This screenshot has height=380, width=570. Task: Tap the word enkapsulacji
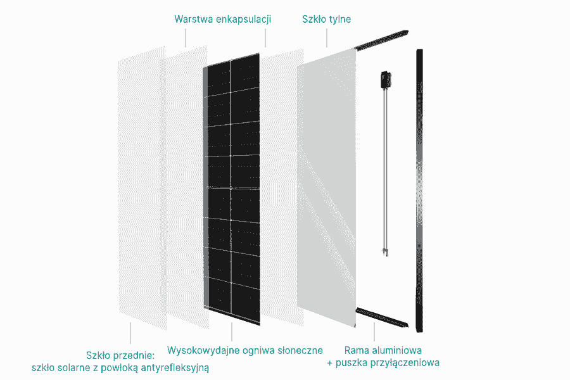pyautogui.click(x=244, y=19)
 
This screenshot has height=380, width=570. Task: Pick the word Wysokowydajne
pyautogui.click(x=201, y=350)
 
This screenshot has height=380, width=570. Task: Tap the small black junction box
pyautogui.click(x=384, y=80)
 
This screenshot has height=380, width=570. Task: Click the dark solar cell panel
pyautogui.click(x=231, y=190)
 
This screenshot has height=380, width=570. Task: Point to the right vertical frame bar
pyautogui.click(x=419, y=190)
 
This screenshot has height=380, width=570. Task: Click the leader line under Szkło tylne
pyautogui.click(x=327, y=37)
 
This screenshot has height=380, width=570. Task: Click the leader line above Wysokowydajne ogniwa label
pyautogui.click(x=232, y=332)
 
